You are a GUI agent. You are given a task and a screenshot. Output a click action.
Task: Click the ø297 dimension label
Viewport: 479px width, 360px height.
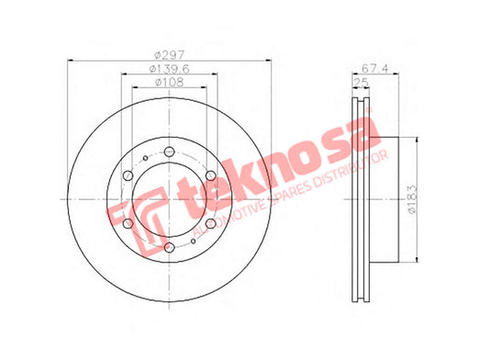pos(169,55)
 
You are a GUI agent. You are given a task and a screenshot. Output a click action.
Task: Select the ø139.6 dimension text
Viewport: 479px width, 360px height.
pos(169,69)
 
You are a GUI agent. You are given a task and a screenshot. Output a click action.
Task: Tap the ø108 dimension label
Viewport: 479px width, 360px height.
pos(169,82)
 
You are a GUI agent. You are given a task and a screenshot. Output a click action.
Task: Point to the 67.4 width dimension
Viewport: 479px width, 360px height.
pos(374,68)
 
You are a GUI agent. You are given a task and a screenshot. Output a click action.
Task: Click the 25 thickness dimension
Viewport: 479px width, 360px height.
pos(361,82)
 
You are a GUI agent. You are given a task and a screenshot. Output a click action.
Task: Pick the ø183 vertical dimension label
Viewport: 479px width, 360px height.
pos(413,199)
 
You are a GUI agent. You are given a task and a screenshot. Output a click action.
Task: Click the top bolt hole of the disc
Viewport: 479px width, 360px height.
pos(169,152)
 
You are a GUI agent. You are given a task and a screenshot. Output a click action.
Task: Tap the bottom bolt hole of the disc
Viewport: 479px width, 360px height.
pos(169,247)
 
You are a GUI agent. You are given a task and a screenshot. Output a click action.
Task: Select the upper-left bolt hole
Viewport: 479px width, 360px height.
pos(128,175)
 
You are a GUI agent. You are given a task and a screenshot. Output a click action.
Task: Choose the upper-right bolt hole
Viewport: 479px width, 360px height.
pos(211,175)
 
